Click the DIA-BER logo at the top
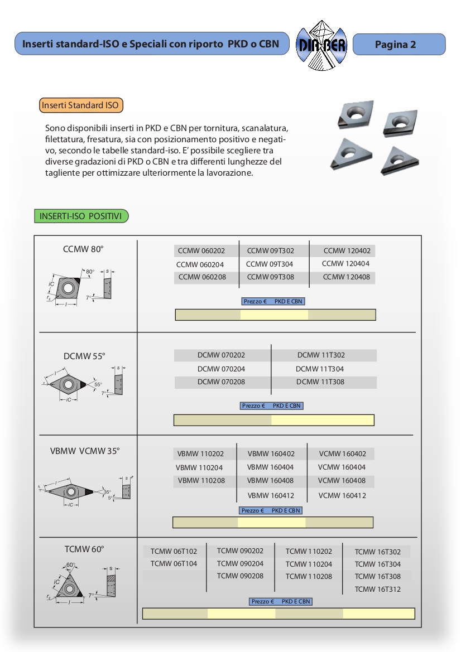click(321, 44)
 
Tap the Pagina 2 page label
click(395, 45)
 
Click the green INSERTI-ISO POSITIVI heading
click(80, 216)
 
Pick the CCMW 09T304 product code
click(270, 264)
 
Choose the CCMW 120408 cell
click(346, 277)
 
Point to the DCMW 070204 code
click(221, 369)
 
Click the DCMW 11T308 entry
click(320, 382)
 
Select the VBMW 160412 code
click(271, 495)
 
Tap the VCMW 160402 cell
click(342, 454)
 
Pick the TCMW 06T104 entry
click(174, 564)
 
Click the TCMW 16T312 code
click(377, 590)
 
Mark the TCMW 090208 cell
click(240, 576)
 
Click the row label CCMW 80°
click(83, 249)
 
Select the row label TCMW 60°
click(84, 549)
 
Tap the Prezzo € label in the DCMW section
click(253, 406)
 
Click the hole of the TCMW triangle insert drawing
click(69, 589)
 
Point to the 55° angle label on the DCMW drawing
click(98, 384)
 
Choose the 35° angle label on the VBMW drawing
click(107, 492)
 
